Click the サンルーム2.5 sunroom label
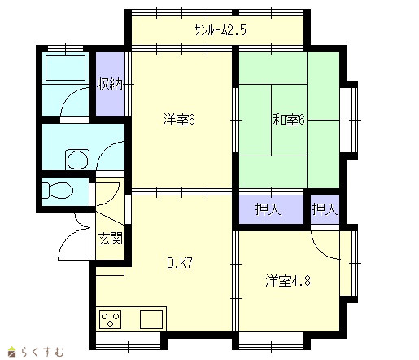220,30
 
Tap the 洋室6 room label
179,120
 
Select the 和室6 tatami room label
289,120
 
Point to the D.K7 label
180,263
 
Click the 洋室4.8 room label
288,281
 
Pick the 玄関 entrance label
110,239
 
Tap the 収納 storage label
110,84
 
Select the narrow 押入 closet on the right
325,209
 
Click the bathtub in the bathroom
66,68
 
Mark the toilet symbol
58,191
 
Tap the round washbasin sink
77,160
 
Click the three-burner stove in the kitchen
110,319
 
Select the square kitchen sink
151,319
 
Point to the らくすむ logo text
42,352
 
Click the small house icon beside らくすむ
12,352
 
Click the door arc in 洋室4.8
321,248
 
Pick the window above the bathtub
65,48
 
